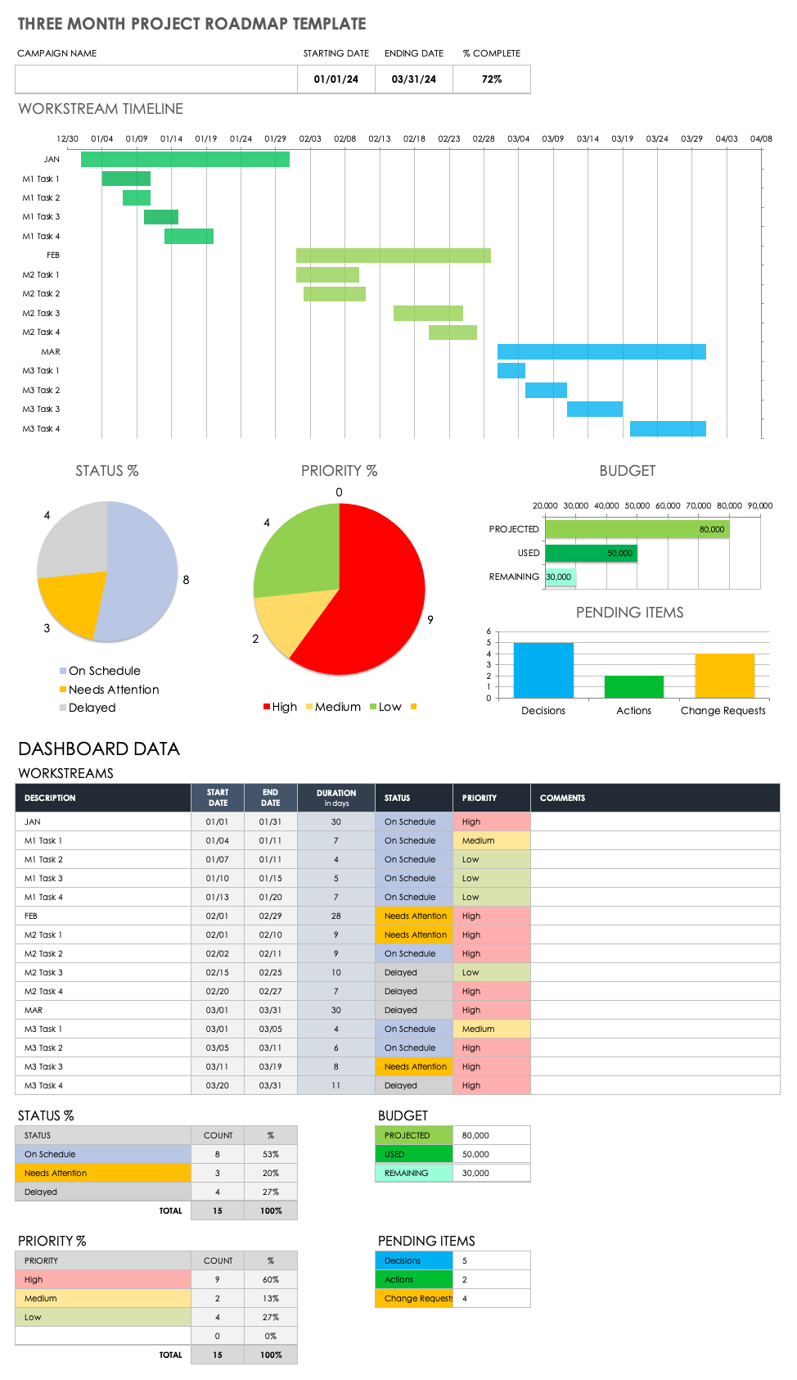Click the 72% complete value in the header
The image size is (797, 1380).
click(x=492, y=79)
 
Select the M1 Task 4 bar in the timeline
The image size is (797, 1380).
click(x=189, y=237)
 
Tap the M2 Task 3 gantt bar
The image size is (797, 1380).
click(x=428, y=313)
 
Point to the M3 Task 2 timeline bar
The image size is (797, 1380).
click(x=546, y=391)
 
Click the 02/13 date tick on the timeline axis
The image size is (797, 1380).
click(x=380, y=139)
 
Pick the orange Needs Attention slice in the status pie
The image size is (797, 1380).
click(x=71, y=602)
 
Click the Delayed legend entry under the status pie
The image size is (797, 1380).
click(x=92, y=708)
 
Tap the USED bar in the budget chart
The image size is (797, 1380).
click(x=591, y=554)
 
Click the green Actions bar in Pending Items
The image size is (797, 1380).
click(x=633, y=686)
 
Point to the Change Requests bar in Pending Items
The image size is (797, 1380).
click(x=724, y=676)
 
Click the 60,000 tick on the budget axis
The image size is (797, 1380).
click(x=668, y=506)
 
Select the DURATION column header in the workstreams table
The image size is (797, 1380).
click(x=336, y=798)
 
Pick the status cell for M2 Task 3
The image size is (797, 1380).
click(x=413, y=973)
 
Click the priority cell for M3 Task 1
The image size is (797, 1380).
click(x=491, y=1029)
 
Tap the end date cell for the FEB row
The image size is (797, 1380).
click(x=270, y=916)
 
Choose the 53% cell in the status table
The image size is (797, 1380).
click(x=271, y=1155)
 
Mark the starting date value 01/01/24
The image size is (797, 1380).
click(x=336, y=79)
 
